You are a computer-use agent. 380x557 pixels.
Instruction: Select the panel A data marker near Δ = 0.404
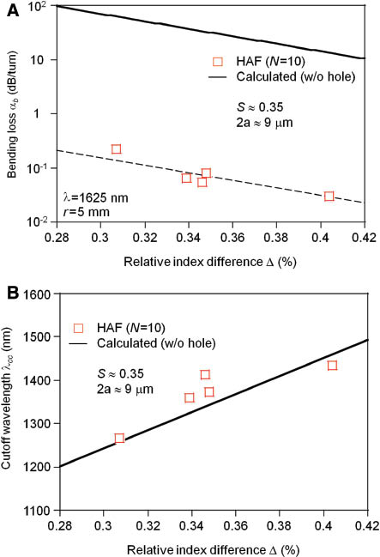[329, 197]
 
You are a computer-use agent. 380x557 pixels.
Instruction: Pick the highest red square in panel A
[116, 149]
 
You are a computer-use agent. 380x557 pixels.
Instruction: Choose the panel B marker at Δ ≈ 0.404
[332, 366]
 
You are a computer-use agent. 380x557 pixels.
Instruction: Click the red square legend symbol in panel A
[217, 61]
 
